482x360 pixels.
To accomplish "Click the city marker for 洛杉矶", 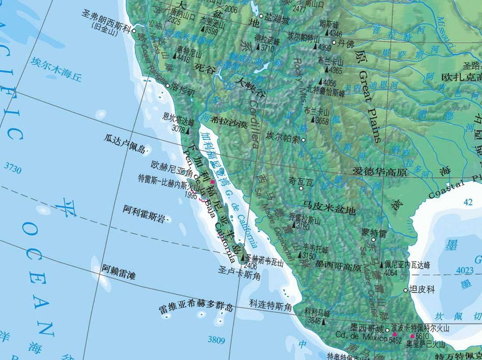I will (x=168, y=85).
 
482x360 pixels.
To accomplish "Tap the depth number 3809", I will (x=216, y=340).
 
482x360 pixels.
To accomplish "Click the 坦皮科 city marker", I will (x=405, y=290).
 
